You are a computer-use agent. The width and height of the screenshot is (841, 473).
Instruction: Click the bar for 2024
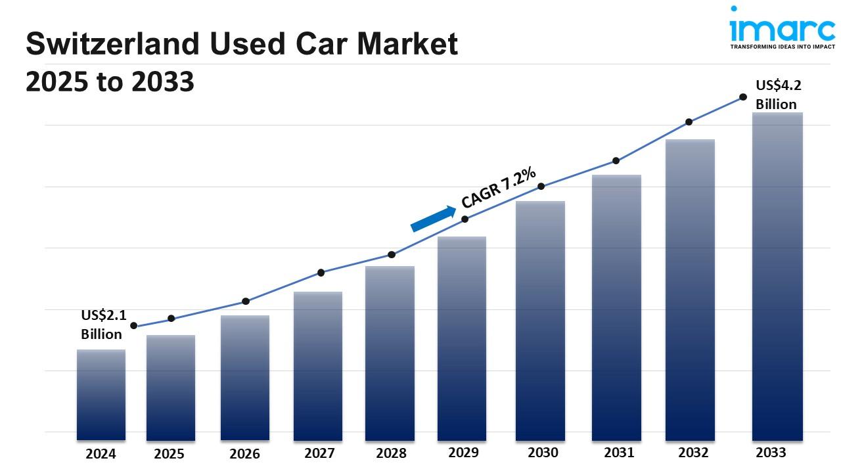click(x=101, y=394)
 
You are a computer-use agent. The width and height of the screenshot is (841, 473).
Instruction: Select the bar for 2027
click(x=318, y=365)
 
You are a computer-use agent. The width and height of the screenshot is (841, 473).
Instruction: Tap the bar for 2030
click(x=540, y=321)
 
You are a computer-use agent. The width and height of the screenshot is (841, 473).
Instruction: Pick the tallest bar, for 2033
click(x=777, y=276)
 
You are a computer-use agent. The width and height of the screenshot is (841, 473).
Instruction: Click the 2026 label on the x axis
click(x=244, y=454)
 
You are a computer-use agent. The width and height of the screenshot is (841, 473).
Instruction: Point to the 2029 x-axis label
click(x=463, y=453)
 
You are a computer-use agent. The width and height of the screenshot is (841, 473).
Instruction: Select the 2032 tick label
click(x=693, y=453)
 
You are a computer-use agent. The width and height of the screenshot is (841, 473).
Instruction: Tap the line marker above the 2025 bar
click(x=171, y=319)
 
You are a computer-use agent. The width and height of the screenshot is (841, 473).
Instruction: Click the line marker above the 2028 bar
click(x=392, y=254)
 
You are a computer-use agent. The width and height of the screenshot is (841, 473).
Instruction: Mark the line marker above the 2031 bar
click(x=616, y=160)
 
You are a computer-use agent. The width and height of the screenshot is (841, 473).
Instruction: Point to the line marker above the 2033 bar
click(x=743, y=97)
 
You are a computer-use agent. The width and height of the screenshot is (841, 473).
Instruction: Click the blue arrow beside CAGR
click(x=433, y=219)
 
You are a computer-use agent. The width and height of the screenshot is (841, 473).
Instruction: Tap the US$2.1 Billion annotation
click(x=103, y=325)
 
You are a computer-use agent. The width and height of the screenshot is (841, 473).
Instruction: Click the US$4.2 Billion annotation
click(x=778, y=95)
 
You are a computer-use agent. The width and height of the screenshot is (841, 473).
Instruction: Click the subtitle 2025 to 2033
click(x=110, y=82)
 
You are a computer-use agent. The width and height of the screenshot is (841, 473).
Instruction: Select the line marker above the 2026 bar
click(x=246, y=301)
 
